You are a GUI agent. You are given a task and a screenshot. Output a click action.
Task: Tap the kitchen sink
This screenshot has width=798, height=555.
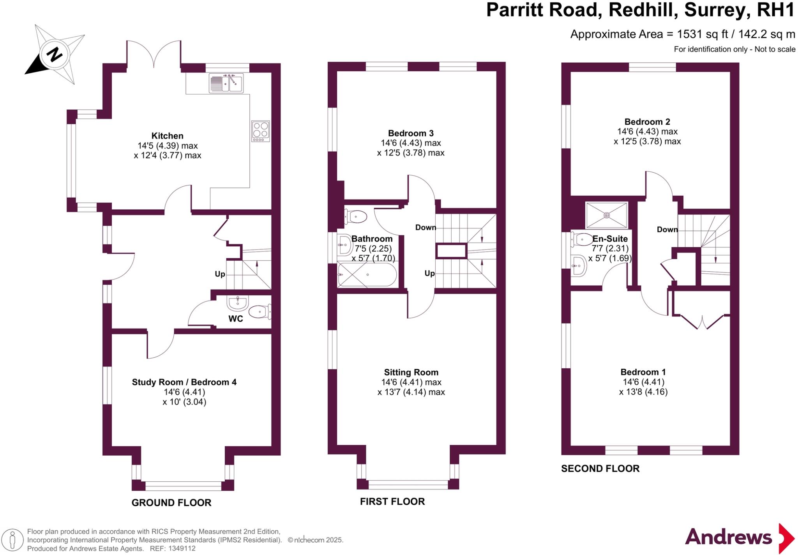pyautogui.click(x=226, y=83)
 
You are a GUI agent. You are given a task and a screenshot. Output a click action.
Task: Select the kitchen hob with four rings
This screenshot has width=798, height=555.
pyautogui.click(x=261, y=131)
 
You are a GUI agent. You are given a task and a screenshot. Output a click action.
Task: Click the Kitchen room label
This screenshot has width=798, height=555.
pyautogui.click(x=167, y=136)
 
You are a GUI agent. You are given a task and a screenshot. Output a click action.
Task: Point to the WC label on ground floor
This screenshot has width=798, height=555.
pyautogui.click(x=235, y=319)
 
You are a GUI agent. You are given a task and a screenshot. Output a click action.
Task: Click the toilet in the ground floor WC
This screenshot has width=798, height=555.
pyautogui.click(x=260, y=311)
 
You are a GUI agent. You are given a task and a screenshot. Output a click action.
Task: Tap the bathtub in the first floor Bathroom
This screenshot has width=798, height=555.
pyautogui.click(x=367, y=275)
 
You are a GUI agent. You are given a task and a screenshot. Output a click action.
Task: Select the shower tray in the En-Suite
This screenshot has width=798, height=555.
pyautogui.click(x=607, y=215)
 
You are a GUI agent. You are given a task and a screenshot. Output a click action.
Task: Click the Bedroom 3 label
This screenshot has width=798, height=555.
pyautogui.click(x=411, y=133)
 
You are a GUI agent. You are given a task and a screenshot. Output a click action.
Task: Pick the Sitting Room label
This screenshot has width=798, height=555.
pyautogui.click(x=411, y=373)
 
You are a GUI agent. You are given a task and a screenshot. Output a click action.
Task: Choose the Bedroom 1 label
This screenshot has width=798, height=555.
pyautogui.click(x=643, y=372)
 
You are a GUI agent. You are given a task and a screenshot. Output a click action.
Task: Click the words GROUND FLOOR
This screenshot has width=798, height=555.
pyautogui.click(x=171, y=503)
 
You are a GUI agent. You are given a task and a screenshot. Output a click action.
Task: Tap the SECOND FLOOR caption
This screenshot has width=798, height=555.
pyautogui.click(x=600, y=468)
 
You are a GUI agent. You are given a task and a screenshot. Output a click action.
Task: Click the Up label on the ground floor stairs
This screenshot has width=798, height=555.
pyautogui.click(x=220, y=274)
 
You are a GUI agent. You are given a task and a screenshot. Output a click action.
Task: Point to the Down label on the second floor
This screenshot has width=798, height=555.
pyautogui.click(x=667, y=230)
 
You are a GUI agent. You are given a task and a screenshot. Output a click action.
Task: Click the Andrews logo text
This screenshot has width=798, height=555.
pyautogui.click(x=728, y=537)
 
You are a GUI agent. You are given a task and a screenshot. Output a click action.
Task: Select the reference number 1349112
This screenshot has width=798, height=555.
pyautogui.click(x=182, y=549)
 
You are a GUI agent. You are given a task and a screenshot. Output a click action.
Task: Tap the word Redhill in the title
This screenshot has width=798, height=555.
pyautogui.click(x=641, y=10)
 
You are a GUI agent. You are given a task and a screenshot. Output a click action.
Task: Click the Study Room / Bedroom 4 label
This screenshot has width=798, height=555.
pyautogui.click(x=184, y=382)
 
